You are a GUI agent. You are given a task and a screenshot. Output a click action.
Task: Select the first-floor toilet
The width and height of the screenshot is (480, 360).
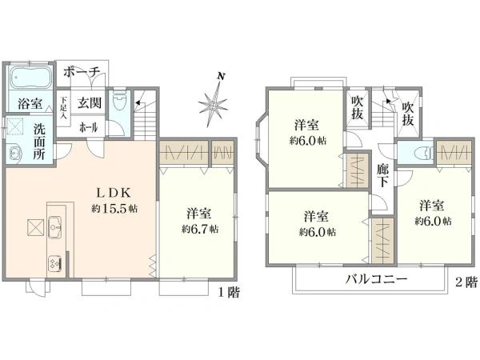tap(120, 102)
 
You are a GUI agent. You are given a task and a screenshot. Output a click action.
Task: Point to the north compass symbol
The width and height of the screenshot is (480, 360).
tap(214, 102)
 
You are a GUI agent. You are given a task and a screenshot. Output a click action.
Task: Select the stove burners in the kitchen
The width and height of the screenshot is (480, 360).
tap(54, 261)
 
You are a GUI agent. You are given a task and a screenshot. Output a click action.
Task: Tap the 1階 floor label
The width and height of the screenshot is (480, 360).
tap(227, 291)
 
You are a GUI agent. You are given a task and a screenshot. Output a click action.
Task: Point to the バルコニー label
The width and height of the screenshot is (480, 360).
tap(376, 279)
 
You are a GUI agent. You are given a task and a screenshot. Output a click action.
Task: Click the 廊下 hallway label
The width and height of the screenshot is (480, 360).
tap(382, 176)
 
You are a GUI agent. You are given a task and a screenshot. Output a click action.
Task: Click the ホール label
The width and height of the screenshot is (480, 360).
tap(88, 126)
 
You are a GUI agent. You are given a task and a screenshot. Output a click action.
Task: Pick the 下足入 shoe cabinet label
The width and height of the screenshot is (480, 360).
tap(64, 108)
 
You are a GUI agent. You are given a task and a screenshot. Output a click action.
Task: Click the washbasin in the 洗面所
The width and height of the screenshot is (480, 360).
tap(16, 154)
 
